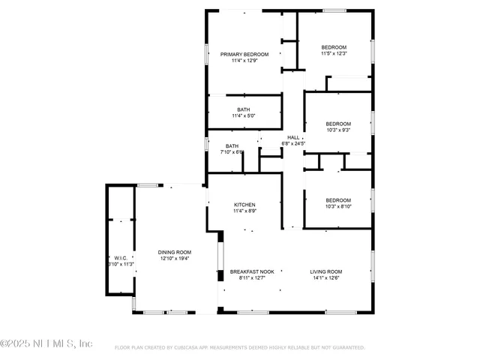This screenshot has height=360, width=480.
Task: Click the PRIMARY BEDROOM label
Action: coord(244,54)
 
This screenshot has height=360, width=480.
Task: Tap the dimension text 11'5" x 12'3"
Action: coord(334,53)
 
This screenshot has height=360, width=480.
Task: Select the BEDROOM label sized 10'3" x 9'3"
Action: coord(337,124)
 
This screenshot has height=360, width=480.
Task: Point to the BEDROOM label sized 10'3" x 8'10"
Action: coord(337,199)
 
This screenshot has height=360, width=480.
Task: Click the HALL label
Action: coord(293,137)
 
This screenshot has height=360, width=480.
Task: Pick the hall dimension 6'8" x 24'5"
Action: coord(293,143)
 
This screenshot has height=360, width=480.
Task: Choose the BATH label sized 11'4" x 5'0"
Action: coord(244,109)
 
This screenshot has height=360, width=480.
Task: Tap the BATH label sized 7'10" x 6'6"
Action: coord(232,145)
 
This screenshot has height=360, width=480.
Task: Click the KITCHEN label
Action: coord(244,205)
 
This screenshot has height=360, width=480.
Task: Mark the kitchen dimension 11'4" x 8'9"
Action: coord(244,211)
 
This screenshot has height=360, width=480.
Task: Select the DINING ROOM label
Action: coord(174,252)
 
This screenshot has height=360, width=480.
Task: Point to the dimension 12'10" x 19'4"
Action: coord(174,259)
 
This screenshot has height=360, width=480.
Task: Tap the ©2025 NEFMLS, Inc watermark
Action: coord(46,343)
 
